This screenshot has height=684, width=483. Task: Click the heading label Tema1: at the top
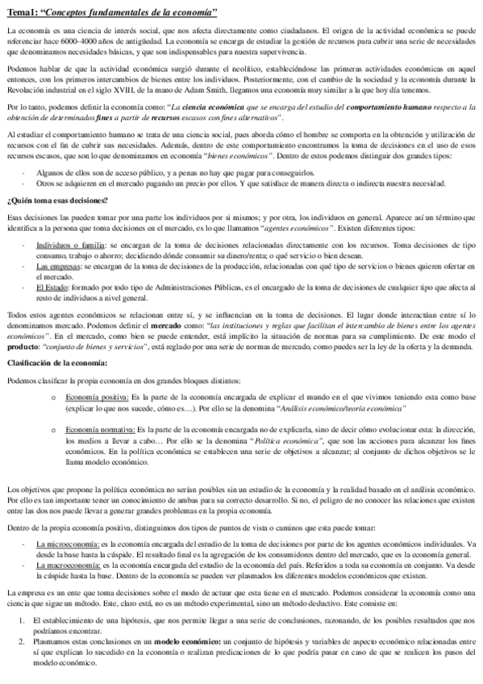[x=24, y=11]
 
